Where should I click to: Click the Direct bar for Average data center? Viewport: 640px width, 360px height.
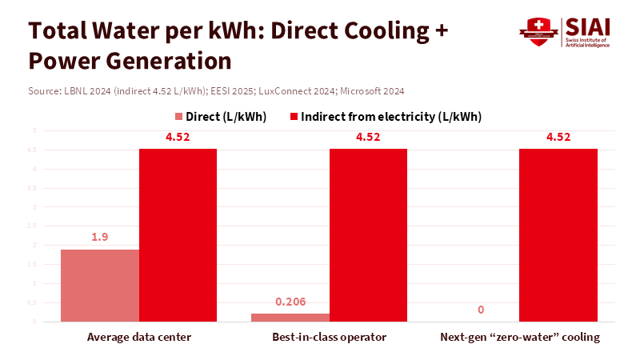coord(100,286)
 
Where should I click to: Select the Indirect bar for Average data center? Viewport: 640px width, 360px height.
coord(178,235)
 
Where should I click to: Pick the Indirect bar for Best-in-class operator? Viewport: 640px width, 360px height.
coord(368,235)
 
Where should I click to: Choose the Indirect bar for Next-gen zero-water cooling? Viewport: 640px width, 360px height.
coord(558,235)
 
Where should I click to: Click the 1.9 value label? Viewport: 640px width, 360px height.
coord(100,238)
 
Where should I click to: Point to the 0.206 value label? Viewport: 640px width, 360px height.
coord(290,302)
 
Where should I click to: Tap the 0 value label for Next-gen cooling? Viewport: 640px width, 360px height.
coord(480,310)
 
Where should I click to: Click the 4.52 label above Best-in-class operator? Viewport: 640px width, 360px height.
coord(368,137)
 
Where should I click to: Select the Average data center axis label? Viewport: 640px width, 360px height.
coord(139,337)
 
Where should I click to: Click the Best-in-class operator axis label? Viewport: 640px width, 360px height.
coord(329,337)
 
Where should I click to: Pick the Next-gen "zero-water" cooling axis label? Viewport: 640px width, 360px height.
coord(520,337)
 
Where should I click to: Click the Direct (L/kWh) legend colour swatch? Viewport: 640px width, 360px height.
coord(178,117)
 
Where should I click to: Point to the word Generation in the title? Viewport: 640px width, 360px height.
coord(166,61)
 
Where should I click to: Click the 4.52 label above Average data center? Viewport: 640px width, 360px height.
coord(178,137)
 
